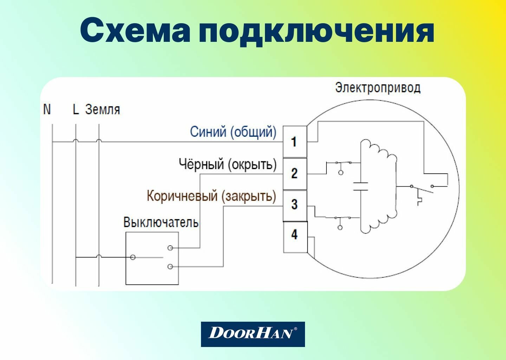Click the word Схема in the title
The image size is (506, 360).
(x=135, y=31)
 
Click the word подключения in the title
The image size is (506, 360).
(x=316, y=32)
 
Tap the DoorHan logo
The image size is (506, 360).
(x=253, y=334)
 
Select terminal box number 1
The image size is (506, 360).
(x=295, y=142)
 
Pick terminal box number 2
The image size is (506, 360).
(x=295, y=173)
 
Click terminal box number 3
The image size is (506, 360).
(x=295, y=205)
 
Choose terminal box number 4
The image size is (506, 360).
(x=295, y=235)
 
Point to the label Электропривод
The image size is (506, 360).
(x=378, y=88)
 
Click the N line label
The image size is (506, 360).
(x=47, y=109)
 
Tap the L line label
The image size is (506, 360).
(x=76, y=109)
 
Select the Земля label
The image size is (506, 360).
(x=103, y=109)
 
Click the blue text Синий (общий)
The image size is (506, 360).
(x=233, y=132)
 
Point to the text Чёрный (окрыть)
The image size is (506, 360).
(x=228, y=164)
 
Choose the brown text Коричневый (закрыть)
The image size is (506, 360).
(x=211, y=196)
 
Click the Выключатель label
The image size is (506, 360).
(x=161, y=222)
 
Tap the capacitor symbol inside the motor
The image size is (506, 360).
(x=361, y=186)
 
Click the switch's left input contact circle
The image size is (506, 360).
(x=132, y=257)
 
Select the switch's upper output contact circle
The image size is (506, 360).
(x=170, y=248)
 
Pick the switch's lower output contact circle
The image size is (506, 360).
(x=170, y=267)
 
